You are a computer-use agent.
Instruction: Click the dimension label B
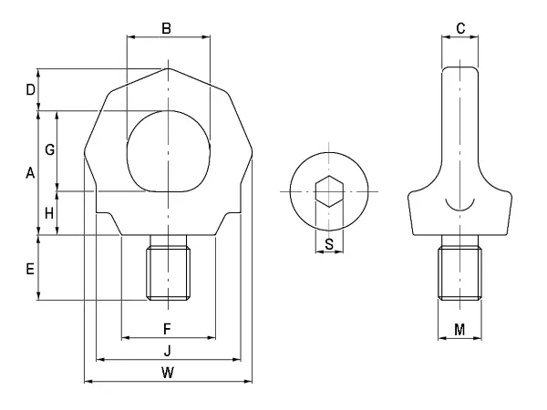tap(167, 28)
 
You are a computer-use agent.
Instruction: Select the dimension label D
tap(31, 90)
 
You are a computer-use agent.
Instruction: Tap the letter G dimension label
tap(50, 150)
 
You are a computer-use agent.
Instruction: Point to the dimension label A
tap(30, 173)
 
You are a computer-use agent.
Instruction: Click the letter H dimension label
tap(49, 213)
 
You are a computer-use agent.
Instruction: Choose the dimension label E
tap(30, 269)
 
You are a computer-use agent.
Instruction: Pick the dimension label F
tap(167, 329)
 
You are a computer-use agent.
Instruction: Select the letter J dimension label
tap(168, 351)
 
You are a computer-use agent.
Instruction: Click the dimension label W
tap(168, 373)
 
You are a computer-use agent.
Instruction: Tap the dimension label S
tap(329, 244)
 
